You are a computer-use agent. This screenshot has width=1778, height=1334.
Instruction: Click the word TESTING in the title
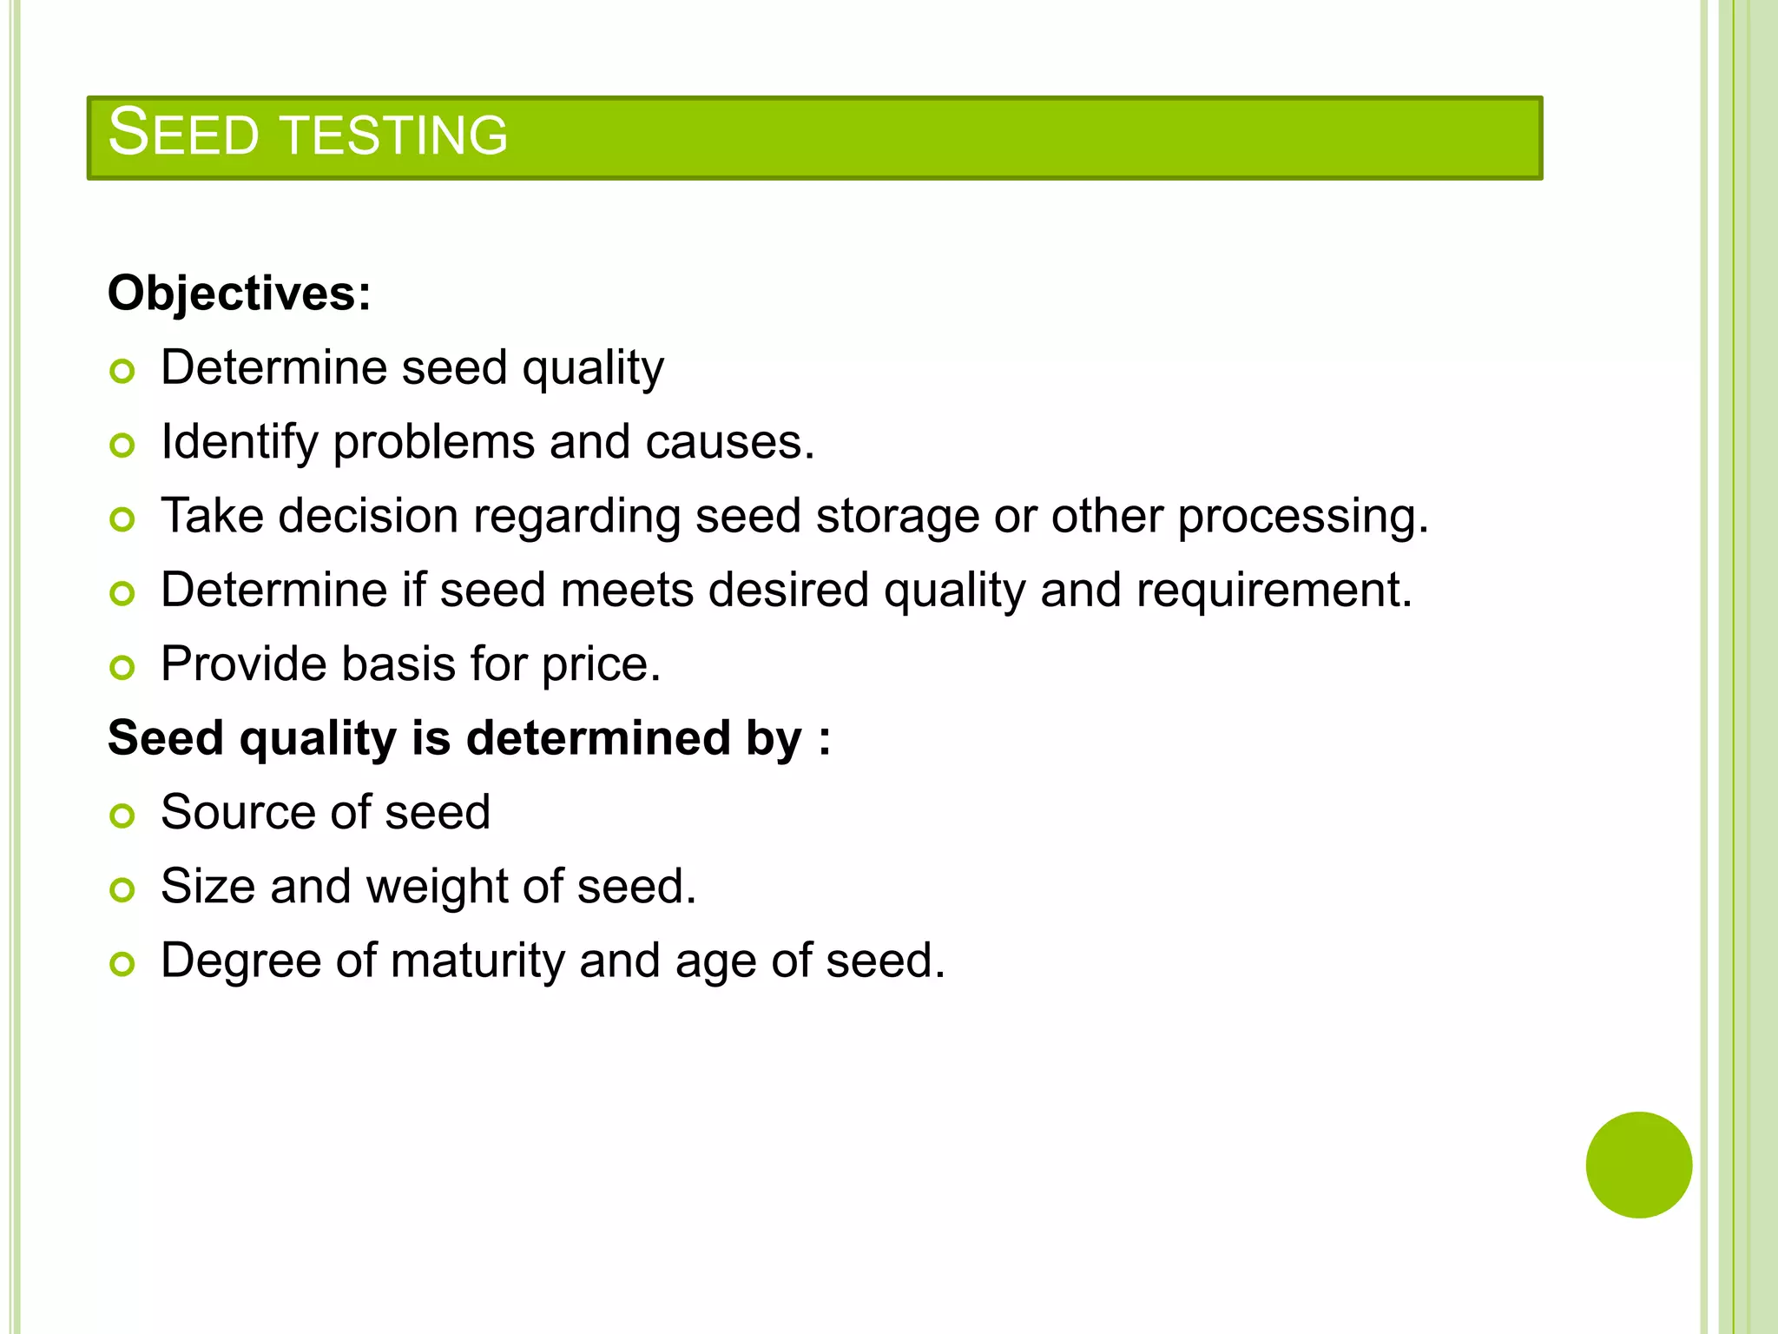pyautogui.click(x=395, y=135)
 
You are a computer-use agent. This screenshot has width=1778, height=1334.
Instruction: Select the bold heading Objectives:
pyautogui.click(x=239, y=294)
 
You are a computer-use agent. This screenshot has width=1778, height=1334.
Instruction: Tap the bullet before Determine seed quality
pyautogui.click(x=122, y=372)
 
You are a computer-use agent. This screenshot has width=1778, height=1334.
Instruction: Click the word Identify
pyautogui.click(x=240, y=442)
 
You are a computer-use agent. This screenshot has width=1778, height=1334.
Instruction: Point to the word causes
pyautogui.click(x=728, y=442)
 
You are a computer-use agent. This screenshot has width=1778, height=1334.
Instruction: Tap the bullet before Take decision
pyautogui.click(x=122, y=520)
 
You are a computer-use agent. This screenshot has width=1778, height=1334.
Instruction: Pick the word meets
pyautogui.click(x=627, y=591)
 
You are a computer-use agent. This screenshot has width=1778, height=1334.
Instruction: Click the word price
pyautogui.click(x=601, y=665)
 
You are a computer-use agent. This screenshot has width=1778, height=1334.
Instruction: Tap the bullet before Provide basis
pyautogui.click(x=122, y=668)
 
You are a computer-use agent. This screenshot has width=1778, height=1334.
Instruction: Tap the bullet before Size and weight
pyautogui.click(x=122, y=890)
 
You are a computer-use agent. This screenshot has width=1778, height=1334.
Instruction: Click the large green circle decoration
pyautogui.click(x=1638, y=1165)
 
